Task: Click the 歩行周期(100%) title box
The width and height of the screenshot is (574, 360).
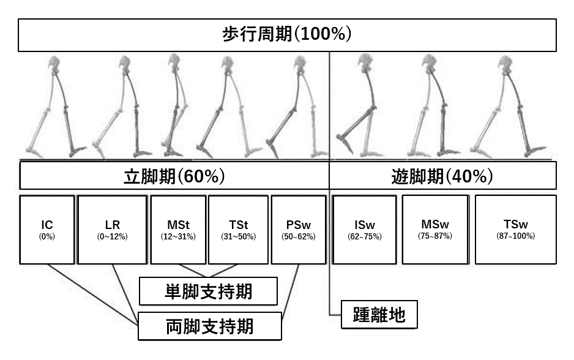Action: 286,35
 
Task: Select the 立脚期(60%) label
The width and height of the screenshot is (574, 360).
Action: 174,176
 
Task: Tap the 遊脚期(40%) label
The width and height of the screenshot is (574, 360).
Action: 442,176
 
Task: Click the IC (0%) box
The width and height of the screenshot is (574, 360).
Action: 47,230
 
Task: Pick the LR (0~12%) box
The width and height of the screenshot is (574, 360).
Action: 113,230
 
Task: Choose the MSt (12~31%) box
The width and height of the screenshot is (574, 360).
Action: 178,230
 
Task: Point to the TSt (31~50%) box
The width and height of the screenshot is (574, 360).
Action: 237,230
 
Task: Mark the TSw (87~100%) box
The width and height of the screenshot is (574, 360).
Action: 515,230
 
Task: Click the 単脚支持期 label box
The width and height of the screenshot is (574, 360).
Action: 208,291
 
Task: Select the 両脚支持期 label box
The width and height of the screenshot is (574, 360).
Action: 209,326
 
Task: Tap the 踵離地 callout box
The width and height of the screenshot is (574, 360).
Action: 379,316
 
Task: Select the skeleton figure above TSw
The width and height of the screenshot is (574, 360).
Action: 508,107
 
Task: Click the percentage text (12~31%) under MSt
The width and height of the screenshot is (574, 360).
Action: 178,236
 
